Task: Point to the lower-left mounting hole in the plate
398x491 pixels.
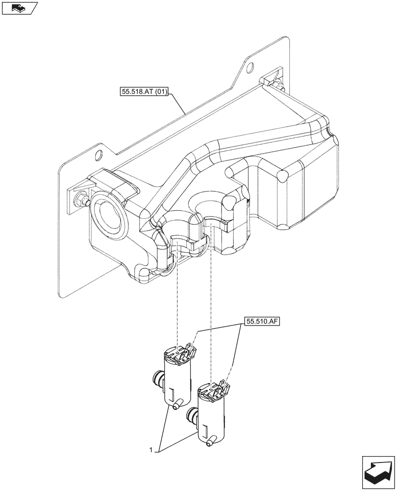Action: (x=99, y=155)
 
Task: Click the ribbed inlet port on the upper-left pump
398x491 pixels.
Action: (x=157, y=378)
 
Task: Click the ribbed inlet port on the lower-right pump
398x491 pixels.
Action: (x=192, y=417)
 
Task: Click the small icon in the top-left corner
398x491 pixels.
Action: (x=19, y=8)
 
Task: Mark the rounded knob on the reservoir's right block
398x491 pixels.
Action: (x=283, y=175)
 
